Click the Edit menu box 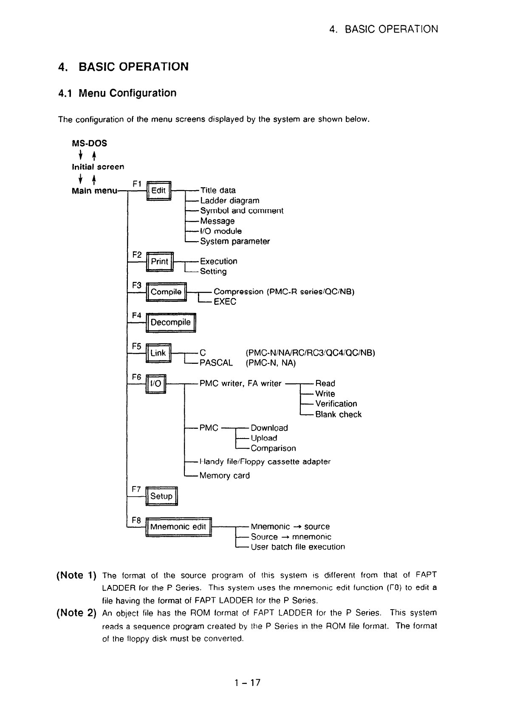(158, 191)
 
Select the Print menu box (159, 262)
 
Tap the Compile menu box (166, 292)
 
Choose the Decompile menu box (170, 323)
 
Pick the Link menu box (158, 353)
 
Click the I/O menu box (155, 384)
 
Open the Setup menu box (161, 496)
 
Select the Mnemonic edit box (178, 527)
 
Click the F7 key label (136, 489)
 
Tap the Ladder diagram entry (229, 201)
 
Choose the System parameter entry (235, 242)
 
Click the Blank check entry (338, 415)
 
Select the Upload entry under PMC (264, 438)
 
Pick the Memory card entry (224, 476)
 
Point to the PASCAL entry (216, 363)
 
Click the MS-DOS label (90, 143)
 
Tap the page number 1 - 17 (247, 683)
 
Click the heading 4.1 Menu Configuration (117, 93)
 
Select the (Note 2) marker (76, 613)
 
